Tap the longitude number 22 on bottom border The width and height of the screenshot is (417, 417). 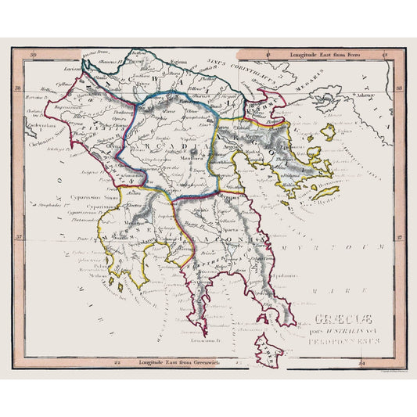click(117, 363)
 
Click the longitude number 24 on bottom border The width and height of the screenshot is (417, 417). click(361, 363)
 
